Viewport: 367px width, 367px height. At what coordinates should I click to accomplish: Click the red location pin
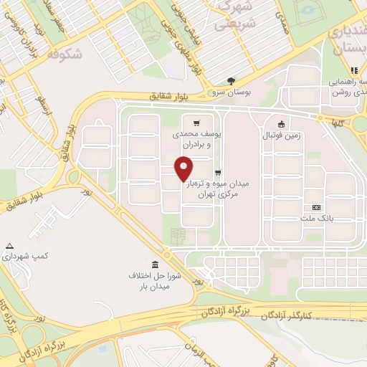[183, 168]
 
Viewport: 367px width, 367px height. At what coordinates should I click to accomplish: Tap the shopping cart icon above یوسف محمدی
[196, 123]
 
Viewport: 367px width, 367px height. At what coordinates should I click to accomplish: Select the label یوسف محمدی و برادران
[194, 139]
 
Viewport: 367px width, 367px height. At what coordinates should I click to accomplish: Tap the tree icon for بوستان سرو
[231, 81]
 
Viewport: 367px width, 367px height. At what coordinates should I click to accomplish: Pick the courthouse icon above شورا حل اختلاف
[156, 264]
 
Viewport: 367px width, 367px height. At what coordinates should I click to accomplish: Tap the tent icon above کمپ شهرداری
[9, 245]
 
